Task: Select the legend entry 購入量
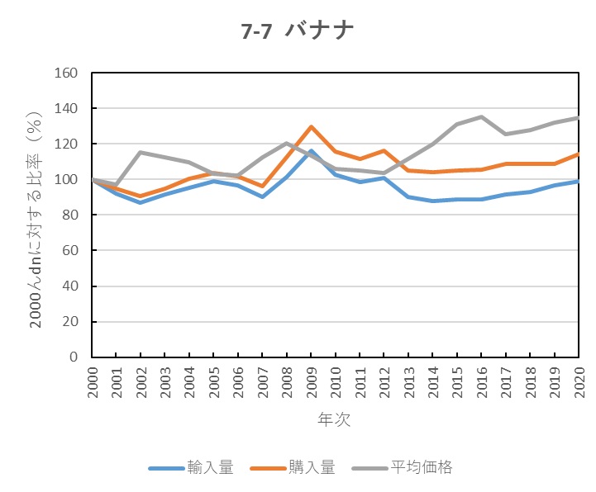pyautogui.click(x=312, y=468)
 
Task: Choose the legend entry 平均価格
pyautogui.click(x=421, y=468)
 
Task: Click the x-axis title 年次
pyautogui.click(x=334, y=420)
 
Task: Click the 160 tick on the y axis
pyautogui.click(x=65, y=73)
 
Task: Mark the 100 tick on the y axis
pyautogui.click(x=65, y=179)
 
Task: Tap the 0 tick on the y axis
pyautogui.click(x=73, y=357)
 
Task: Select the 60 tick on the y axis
pyautogui.click(x=69, y=251)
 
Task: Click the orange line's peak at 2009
pyautogui.click(x=311, y=126)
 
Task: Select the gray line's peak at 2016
pyautogui.click(x=481, y=116)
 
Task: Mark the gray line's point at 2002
pyautogui.click(x=141, y=152)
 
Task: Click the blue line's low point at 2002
pyautogui.click(x=141, y=202)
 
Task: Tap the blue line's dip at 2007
pyautogui.click(x=262, y=196)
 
